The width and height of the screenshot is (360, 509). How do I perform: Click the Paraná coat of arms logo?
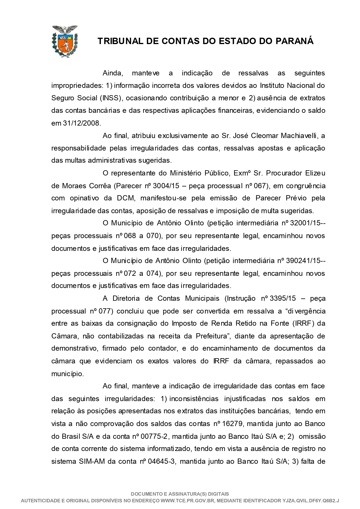pos(65,41)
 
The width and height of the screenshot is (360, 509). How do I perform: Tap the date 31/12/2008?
pos(82,123)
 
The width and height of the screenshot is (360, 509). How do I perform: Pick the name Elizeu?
pos(315,173)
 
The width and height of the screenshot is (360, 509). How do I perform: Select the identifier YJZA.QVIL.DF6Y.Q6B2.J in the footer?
pos(311,501)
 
